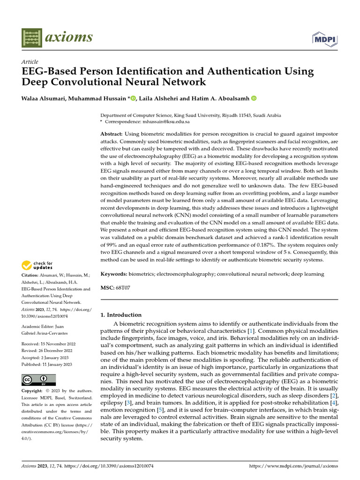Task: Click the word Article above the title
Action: pos(30,62)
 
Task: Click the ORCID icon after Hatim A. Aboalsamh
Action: pos(254,98)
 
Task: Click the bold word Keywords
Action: pos(114,273)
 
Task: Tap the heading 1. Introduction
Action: pos(121,315)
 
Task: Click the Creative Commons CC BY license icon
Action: pos(39,380)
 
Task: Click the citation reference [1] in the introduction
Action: pos(252,331)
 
